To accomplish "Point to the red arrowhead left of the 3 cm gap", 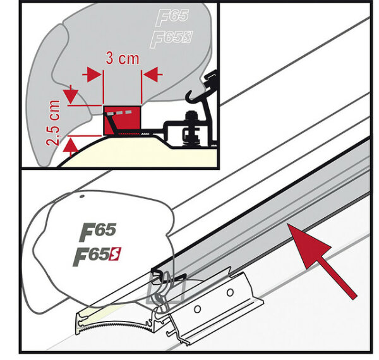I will point(93,75).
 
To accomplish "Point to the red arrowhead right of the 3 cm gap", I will point(152,75).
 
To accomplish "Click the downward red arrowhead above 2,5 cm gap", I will point(72,97).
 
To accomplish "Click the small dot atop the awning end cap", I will point(82,197).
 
